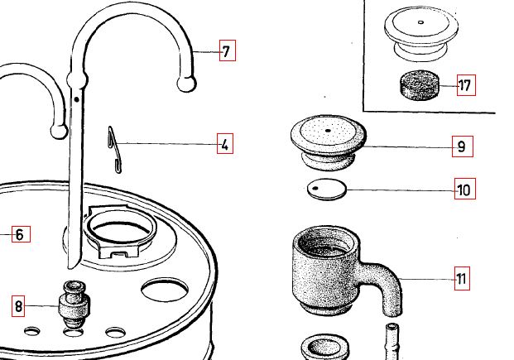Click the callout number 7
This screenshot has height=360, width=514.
pos(227,50)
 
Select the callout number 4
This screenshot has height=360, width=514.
pos(225,143)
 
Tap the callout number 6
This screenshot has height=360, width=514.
pos(21,234)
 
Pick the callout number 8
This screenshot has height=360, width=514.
pos(18,306)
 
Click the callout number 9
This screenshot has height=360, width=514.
pos(462,146)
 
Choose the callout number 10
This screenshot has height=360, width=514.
pos(464,189)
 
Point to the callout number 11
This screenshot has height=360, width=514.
pos(462,278)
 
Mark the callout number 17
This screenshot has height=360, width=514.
pos(466,85)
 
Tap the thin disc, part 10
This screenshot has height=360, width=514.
pos(327,190)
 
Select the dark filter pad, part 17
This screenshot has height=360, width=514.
pos(420,85)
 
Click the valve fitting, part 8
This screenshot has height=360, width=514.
pos(74,304)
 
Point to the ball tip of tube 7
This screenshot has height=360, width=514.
pos(186,84)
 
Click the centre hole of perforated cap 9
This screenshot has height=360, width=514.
pos(328,131)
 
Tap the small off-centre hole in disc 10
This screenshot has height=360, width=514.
pos(315,188)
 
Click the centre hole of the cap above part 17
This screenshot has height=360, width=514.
pos(421,22)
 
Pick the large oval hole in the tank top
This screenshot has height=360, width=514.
pos(165,290)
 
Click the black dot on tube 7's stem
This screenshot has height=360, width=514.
pos(76,99)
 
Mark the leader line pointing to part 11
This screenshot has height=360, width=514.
pos(427,279)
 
